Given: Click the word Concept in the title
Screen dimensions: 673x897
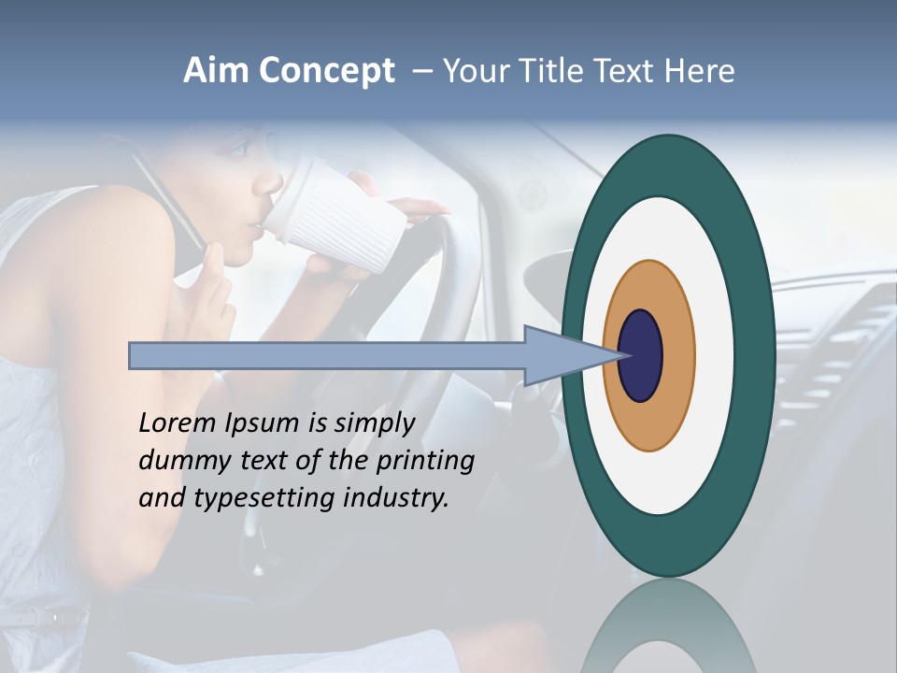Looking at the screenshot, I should (326, 71).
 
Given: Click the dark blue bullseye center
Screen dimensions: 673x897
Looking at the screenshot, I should (640, 355).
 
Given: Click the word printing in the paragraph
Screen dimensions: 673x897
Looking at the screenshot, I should (425, 461).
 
